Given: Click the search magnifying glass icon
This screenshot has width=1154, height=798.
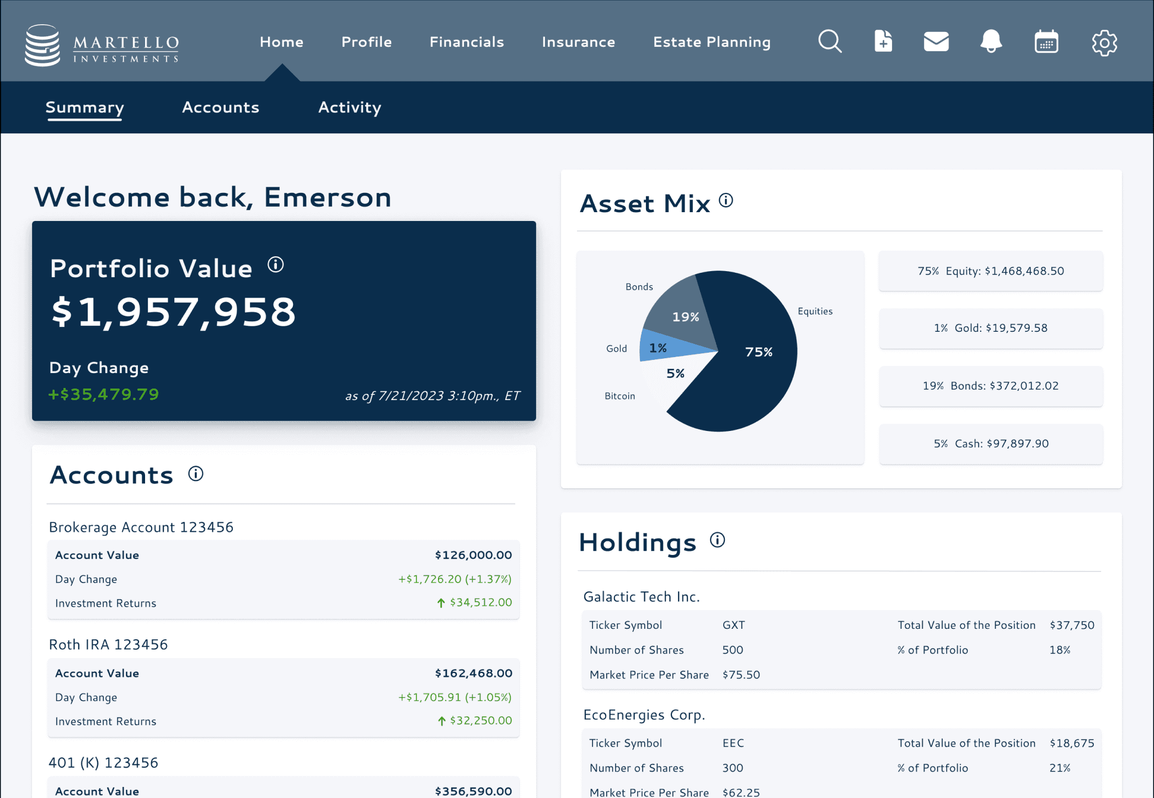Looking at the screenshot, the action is [x=830, y=41].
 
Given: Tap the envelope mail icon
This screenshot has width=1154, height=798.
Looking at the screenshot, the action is [x=936, y=41].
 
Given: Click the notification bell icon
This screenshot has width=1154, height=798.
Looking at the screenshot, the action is [x=991, y=41].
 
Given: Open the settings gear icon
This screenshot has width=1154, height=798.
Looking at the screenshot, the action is [x=1104, y=42].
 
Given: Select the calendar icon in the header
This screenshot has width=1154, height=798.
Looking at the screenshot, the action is [x=1046, y=42].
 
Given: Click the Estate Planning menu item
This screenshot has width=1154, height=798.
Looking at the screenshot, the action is [x=712, y=42].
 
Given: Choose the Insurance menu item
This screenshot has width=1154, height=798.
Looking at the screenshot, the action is [x=578, y=42].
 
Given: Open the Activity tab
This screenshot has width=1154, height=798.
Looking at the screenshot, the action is [x=350, y=107].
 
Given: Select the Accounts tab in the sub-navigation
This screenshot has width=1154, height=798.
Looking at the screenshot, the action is [x=221, y=107].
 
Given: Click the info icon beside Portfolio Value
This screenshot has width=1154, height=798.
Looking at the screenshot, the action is [x=276, y=265].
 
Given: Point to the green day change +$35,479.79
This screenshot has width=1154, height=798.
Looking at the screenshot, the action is [x=104, y=394].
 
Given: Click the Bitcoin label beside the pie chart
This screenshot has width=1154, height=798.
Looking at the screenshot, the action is [x=619, y=396].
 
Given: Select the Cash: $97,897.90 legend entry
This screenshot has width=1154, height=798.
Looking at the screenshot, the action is [x=991, y=444].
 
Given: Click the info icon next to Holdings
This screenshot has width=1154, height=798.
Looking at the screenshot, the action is [x=717, y=540].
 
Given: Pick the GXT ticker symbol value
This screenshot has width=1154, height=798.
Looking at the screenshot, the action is [x=734, y=625].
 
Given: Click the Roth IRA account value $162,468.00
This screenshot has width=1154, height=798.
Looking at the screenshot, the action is [x=473, y=673].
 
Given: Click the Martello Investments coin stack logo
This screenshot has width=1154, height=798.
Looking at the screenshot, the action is [x=42, y=45].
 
